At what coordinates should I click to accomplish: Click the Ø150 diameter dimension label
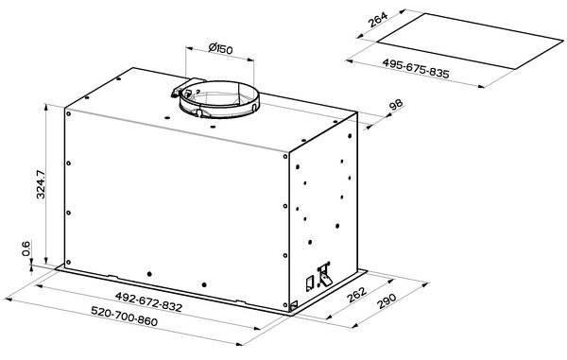[220, 48]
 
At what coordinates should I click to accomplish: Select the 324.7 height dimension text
[41, 184]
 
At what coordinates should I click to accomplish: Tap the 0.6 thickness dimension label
[26, 249]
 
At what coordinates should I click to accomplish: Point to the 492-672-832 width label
[148, 301]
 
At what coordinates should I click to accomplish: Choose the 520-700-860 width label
[124, 316]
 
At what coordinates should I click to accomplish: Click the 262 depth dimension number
[356, 295]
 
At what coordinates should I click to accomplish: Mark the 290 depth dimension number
[387, 300]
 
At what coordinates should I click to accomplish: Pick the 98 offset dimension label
[396, 105]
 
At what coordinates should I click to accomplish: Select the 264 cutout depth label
[377, 20]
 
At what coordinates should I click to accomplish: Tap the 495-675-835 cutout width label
[416, 68]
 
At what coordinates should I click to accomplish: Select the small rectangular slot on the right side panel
[310, 284]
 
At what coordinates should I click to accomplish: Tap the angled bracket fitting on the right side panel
[324, 275]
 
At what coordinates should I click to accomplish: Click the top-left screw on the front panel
[68, 113]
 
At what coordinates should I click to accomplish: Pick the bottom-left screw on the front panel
[68, 263]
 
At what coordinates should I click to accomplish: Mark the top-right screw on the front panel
[285, 157]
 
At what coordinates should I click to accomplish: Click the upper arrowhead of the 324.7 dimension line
[46, 107]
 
